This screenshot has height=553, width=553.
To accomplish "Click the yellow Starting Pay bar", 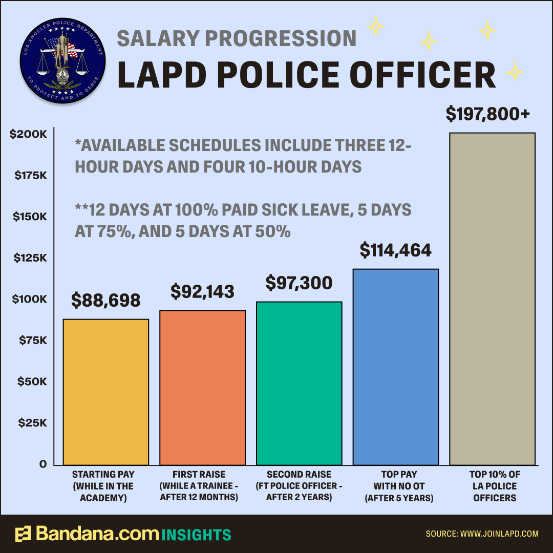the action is coord(106,392).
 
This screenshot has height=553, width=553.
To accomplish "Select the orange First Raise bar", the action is coord(202,388).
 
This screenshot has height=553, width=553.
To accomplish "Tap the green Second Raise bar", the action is coord(299,384).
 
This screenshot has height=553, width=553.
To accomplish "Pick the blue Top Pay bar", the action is coord(396,367).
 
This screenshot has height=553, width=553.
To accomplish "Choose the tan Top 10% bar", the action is coord(493,299).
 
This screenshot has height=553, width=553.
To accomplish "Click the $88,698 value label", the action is coord(106,300).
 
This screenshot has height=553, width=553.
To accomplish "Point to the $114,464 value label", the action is coord(396,250).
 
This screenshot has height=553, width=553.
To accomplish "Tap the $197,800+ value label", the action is coord(488,114).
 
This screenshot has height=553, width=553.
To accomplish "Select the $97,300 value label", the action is coord(299,283).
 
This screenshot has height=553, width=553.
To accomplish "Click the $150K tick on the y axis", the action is coord(30,217).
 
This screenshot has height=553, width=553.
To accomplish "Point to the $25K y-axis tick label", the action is coord(32,422).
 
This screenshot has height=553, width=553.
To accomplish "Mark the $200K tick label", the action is coord(28,134).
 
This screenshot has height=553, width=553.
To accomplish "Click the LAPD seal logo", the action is coord(62,60).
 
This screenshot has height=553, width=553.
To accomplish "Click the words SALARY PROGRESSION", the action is coord(237,38).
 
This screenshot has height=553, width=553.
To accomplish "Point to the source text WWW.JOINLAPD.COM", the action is coord(499,534).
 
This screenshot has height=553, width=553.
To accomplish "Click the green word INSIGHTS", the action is coord(197,535).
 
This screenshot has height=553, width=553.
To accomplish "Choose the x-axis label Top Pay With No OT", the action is coord(399,486).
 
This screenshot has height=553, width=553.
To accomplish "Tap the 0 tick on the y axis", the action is coord(43,464).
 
